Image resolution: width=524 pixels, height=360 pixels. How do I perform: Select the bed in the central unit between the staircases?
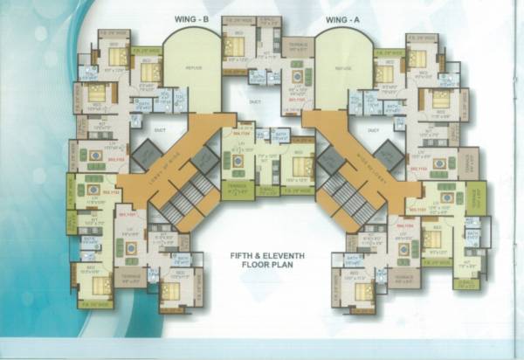(x=300, y=166)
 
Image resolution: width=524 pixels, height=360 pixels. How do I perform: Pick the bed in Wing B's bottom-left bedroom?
(x=99, y=284)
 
